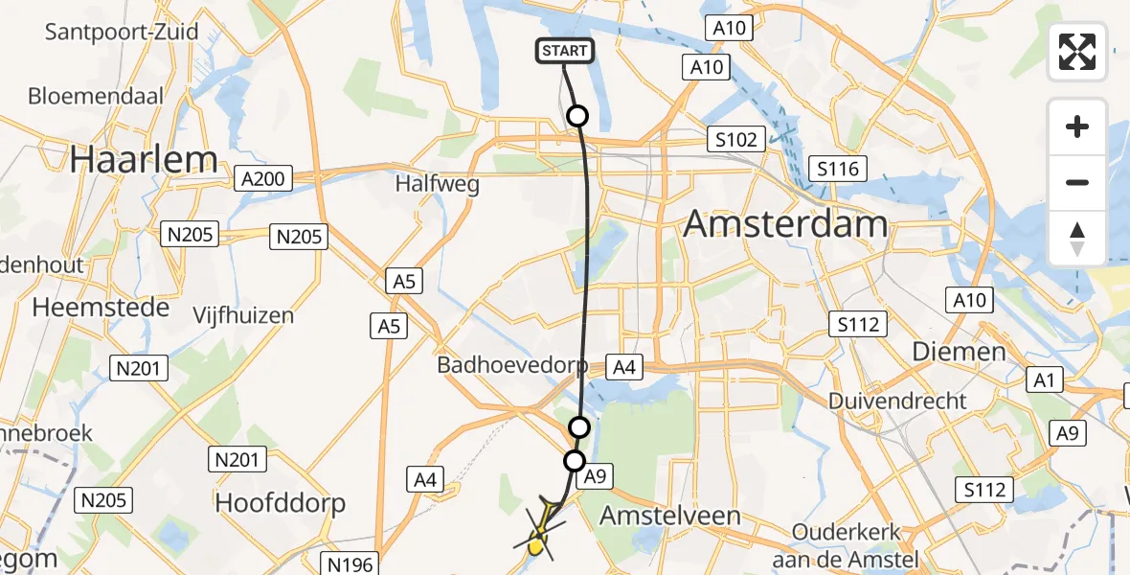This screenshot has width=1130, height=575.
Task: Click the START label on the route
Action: [x=565, y=51]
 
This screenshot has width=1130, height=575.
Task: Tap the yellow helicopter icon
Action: [x=541, y=530]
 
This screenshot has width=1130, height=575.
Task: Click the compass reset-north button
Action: [x=1077, y=239]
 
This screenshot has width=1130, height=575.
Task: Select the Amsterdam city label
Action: [x=785, y=226]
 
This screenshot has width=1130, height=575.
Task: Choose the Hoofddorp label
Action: [x=280, y=503]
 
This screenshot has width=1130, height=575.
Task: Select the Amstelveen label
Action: [x=670, y=516]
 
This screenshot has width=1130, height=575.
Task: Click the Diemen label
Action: [x=959, y=352]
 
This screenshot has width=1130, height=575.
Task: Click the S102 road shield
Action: [x=735, y=140]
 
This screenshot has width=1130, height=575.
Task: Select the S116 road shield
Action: [x=836, y=170]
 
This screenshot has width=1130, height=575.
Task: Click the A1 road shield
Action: [x=1044, y=379]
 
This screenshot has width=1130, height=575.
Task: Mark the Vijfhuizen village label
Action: [x=243, y=315]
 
